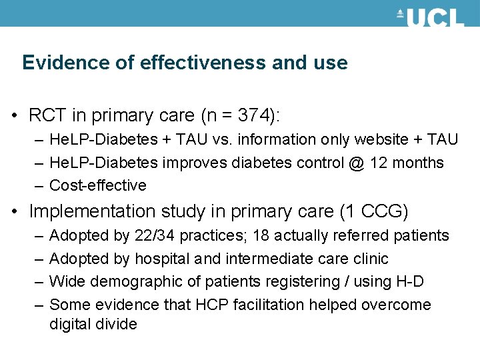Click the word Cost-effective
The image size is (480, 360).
tap(97, 185)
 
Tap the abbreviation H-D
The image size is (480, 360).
tap(409, 282)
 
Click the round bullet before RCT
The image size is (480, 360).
tap(15, 117)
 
